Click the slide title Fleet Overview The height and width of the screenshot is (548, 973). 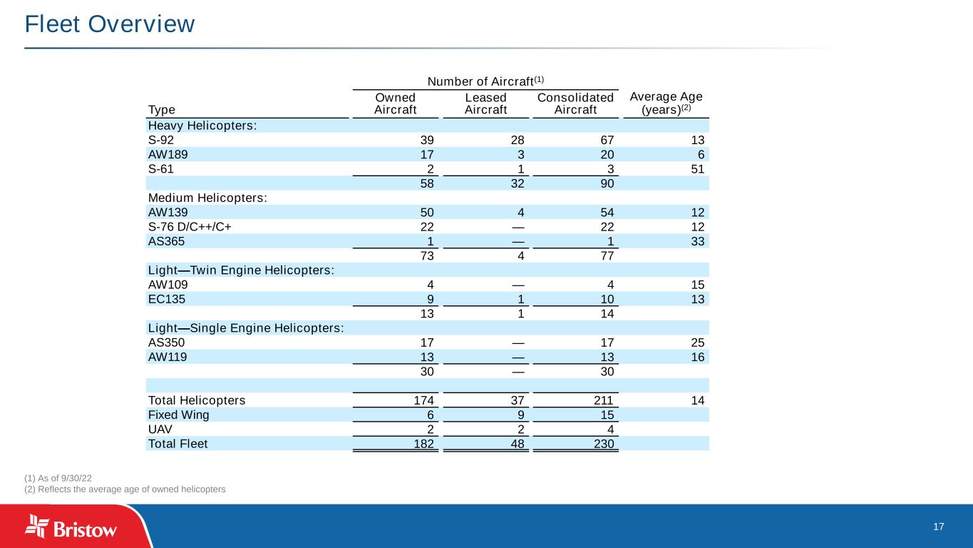click(109, 24)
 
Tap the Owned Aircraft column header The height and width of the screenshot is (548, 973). click(396, 103)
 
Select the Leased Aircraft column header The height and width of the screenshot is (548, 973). click(485, 103)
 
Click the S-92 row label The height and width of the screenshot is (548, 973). click(160, 140)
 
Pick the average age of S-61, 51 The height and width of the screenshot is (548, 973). click(697, 169)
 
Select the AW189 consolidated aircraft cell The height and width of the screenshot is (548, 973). click(606, 154)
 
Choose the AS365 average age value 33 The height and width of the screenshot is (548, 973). click(697, 241)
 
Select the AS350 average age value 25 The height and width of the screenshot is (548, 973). click(697, 342)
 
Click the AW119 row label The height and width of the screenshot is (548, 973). click(168, 357)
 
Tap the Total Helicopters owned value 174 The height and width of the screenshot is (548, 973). click(425, 400)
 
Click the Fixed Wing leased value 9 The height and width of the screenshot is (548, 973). click(520, 415)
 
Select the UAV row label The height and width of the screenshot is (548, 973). click(160, 429)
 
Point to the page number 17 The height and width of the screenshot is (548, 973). click(938, 527)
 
